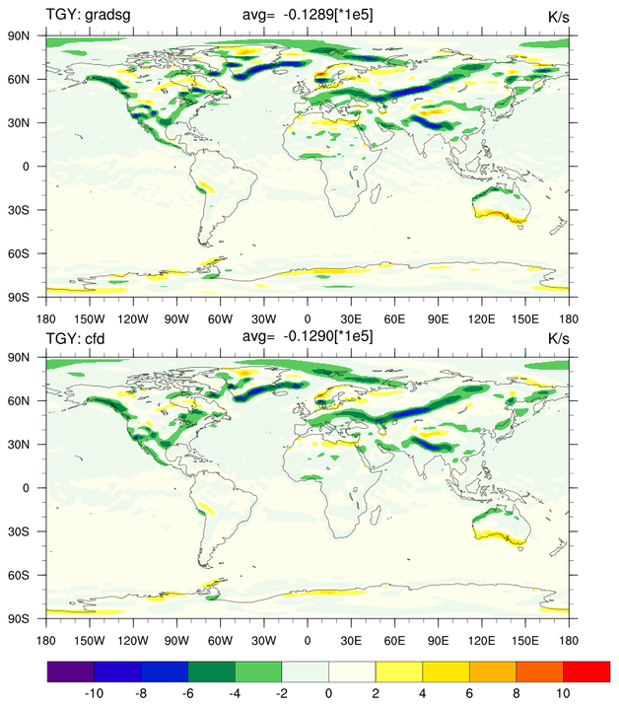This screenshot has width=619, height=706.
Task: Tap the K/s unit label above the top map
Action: (x=559, y=15)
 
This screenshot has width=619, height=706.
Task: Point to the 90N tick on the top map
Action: (x=24, y=35)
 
